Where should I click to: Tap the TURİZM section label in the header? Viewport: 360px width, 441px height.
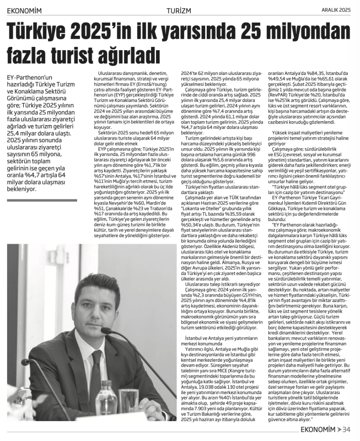pyautogui.click(x=180, y=9)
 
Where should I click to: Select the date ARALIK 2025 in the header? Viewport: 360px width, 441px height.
pyautogui.click(x=335, y=9)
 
